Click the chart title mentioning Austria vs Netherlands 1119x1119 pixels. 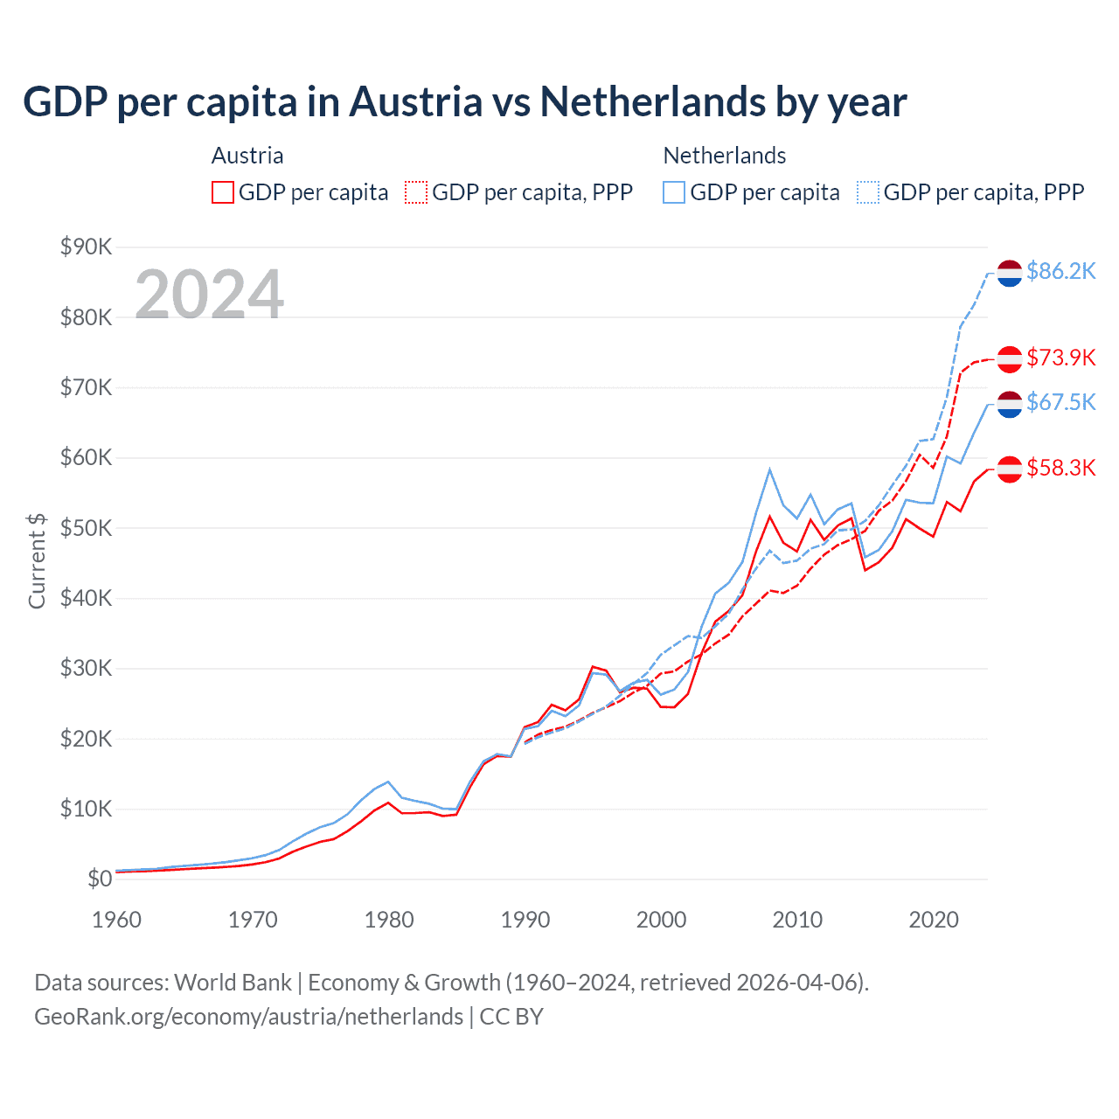click(464, 102)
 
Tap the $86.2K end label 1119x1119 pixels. click(1060, 272)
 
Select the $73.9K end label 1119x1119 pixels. click(1060, 358)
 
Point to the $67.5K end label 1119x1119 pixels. click(1060, 402)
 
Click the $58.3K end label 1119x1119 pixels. click(1060, 469)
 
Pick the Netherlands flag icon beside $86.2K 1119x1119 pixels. click(1010, 274)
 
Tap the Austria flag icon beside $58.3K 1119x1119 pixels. click(1010, 469)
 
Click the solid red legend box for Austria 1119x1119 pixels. click(223, 192)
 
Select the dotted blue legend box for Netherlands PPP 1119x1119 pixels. click(868, 192)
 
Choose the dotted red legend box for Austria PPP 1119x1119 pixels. click(416, 192)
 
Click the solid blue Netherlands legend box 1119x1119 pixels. click(674, 192)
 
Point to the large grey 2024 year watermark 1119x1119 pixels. click(209, 295)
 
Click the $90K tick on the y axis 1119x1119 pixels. click(86, 247)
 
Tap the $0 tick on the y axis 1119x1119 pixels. click(100, 879)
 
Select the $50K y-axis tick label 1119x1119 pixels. click(86, 528)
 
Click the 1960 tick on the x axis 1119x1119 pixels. click(116, 920)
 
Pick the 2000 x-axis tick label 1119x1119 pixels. click(661, 920)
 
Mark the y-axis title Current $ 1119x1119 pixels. click(37, 560)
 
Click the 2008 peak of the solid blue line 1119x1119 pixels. click(769, 469)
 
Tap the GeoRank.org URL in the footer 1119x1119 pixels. click(248, 1017)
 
